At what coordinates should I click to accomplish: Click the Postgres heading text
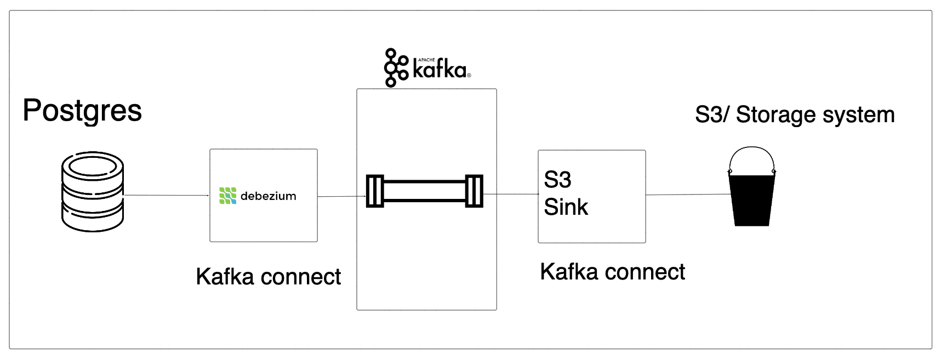(x=82, y=111)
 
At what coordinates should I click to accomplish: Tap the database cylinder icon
(x=93, y=192)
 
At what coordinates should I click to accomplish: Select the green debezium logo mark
(x=227, y=196)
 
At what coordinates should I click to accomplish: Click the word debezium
(x=268, y=196)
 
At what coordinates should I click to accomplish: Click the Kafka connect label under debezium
(x=268, y=277)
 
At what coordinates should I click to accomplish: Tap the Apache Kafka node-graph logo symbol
(x=396, y=68)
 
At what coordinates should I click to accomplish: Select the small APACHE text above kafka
(x=426, y=60)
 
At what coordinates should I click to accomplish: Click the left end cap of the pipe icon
(x=375, y=191)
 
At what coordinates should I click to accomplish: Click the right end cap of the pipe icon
(x=474, y=191)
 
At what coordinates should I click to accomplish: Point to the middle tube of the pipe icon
(x=425, y=191)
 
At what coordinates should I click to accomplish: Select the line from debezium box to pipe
(x=341, y=196)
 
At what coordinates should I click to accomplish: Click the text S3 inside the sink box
(x=557, y=180)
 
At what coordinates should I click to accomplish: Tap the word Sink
(x=566, y=207)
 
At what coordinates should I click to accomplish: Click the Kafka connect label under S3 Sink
(x=612, y=272)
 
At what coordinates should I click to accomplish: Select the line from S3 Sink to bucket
(x=687, y=195)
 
